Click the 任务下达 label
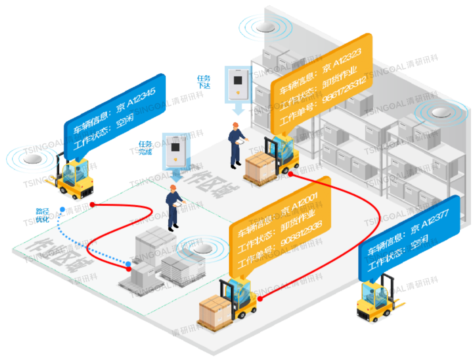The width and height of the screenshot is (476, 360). (x=204, y=82)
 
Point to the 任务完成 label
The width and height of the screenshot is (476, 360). (x=145, y=148)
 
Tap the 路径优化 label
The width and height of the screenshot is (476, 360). (x=42, y=215)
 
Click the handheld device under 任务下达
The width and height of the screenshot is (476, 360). (x=238, y=84)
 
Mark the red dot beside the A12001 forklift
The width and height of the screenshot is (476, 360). (x=260, y=299)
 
